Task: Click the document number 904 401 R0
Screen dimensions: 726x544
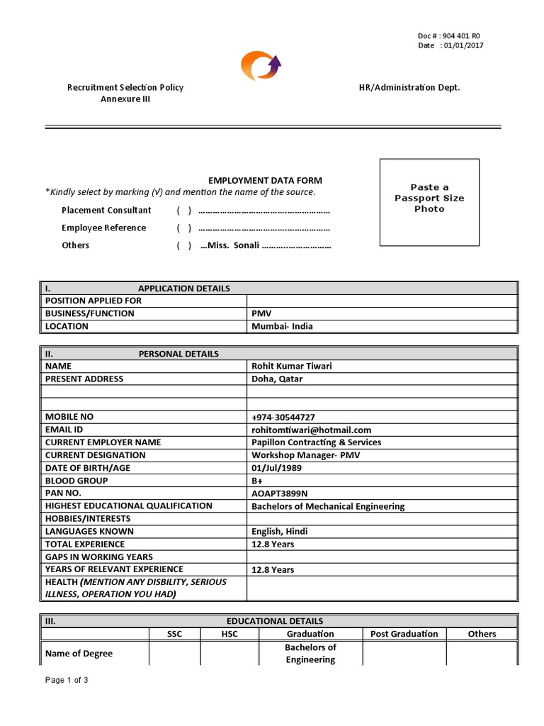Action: coord(464,35)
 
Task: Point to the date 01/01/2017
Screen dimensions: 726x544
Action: coord(464,45)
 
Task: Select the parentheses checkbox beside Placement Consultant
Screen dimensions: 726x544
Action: coord(184,211)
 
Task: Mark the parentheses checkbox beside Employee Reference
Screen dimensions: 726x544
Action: coord(184,228)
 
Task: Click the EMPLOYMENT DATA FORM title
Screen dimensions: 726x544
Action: coord(264,181)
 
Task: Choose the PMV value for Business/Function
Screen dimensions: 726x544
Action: coord(261,313)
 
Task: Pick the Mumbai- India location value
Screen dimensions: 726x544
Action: coord(282,327)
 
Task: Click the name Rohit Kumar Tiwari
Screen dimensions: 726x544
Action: coord(291,366)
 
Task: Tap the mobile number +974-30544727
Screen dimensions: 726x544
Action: coord(283,417)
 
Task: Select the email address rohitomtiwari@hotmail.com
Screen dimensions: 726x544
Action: coord(311,430)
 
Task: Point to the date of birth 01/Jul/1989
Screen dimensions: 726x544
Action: coord(277,468)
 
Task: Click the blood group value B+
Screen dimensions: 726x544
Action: coord(256,481)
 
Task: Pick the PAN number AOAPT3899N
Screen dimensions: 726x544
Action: coord(280,493)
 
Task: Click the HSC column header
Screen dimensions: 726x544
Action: coord(229,634)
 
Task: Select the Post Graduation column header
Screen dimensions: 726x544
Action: coord(404,634)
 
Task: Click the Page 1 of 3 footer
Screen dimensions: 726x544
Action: coord(67,681)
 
